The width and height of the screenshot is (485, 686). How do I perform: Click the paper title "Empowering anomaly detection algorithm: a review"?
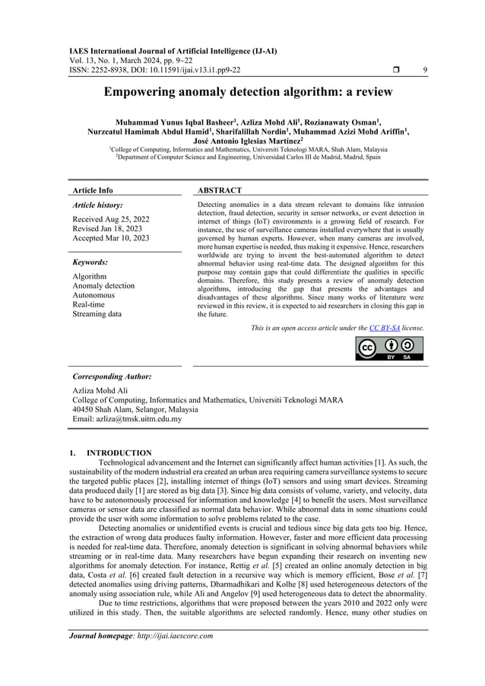click(242, 93)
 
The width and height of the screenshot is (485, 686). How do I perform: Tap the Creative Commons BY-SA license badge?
click(389, 348)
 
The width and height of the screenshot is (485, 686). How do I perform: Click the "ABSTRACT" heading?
click(220, 190)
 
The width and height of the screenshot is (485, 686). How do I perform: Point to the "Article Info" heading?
click(92, 190)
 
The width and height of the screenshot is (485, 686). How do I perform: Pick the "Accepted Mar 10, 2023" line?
click(111, 238)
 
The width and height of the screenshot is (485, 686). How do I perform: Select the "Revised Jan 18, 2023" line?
click(106, 229)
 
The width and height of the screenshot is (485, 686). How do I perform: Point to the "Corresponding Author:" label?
click(111, 376)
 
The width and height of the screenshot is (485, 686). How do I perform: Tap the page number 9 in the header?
click(423, 71)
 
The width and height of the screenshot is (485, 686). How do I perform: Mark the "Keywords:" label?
click(89, 262)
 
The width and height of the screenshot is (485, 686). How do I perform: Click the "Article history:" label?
click(97, 205)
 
